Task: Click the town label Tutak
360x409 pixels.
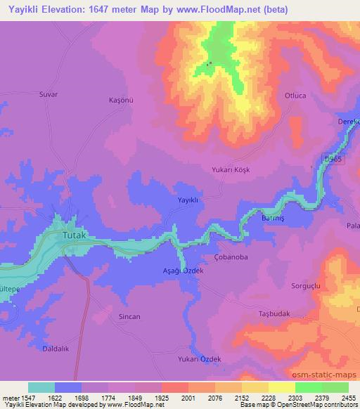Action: tap(75, 235)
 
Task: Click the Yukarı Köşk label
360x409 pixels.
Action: tap(231, 170)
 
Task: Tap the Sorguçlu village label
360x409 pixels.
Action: tap(306, 285)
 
